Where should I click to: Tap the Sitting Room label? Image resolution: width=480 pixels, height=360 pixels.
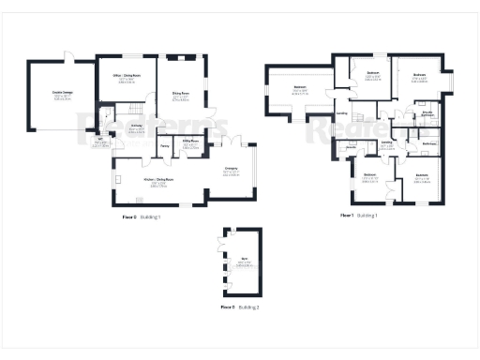click(x=179, y=95)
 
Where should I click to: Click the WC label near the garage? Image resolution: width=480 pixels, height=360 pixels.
click(x=99, y=142)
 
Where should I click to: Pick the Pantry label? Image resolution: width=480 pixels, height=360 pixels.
click(x=164, y=146)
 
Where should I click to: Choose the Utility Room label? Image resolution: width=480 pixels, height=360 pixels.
click(x=190, y=145)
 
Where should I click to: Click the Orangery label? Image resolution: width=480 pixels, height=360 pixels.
click(x=230, y=172)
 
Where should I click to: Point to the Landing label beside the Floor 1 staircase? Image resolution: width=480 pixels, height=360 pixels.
click(x=340, y=114)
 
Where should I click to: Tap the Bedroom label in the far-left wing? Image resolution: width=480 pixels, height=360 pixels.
click(x=300, y=92)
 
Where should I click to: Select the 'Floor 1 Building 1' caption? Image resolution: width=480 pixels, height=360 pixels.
click(x=358, y=216)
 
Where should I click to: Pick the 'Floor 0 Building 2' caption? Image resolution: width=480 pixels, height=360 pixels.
click(x=240, y=307)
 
